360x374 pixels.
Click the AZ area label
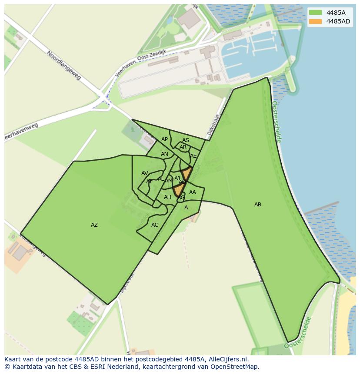94,225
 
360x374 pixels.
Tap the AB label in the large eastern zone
258,205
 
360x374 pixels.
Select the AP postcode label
164,139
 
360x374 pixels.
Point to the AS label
186,140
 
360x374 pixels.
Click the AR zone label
183,147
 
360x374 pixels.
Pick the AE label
193,156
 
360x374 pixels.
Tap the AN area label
164,154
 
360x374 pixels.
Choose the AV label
145,173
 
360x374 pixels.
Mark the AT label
149,182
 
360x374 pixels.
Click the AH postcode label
167,197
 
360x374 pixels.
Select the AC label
155,225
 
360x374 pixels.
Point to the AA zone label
193,192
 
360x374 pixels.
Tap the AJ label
177,179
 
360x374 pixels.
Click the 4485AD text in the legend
339,21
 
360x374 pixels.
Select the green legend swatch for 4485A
316,12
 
